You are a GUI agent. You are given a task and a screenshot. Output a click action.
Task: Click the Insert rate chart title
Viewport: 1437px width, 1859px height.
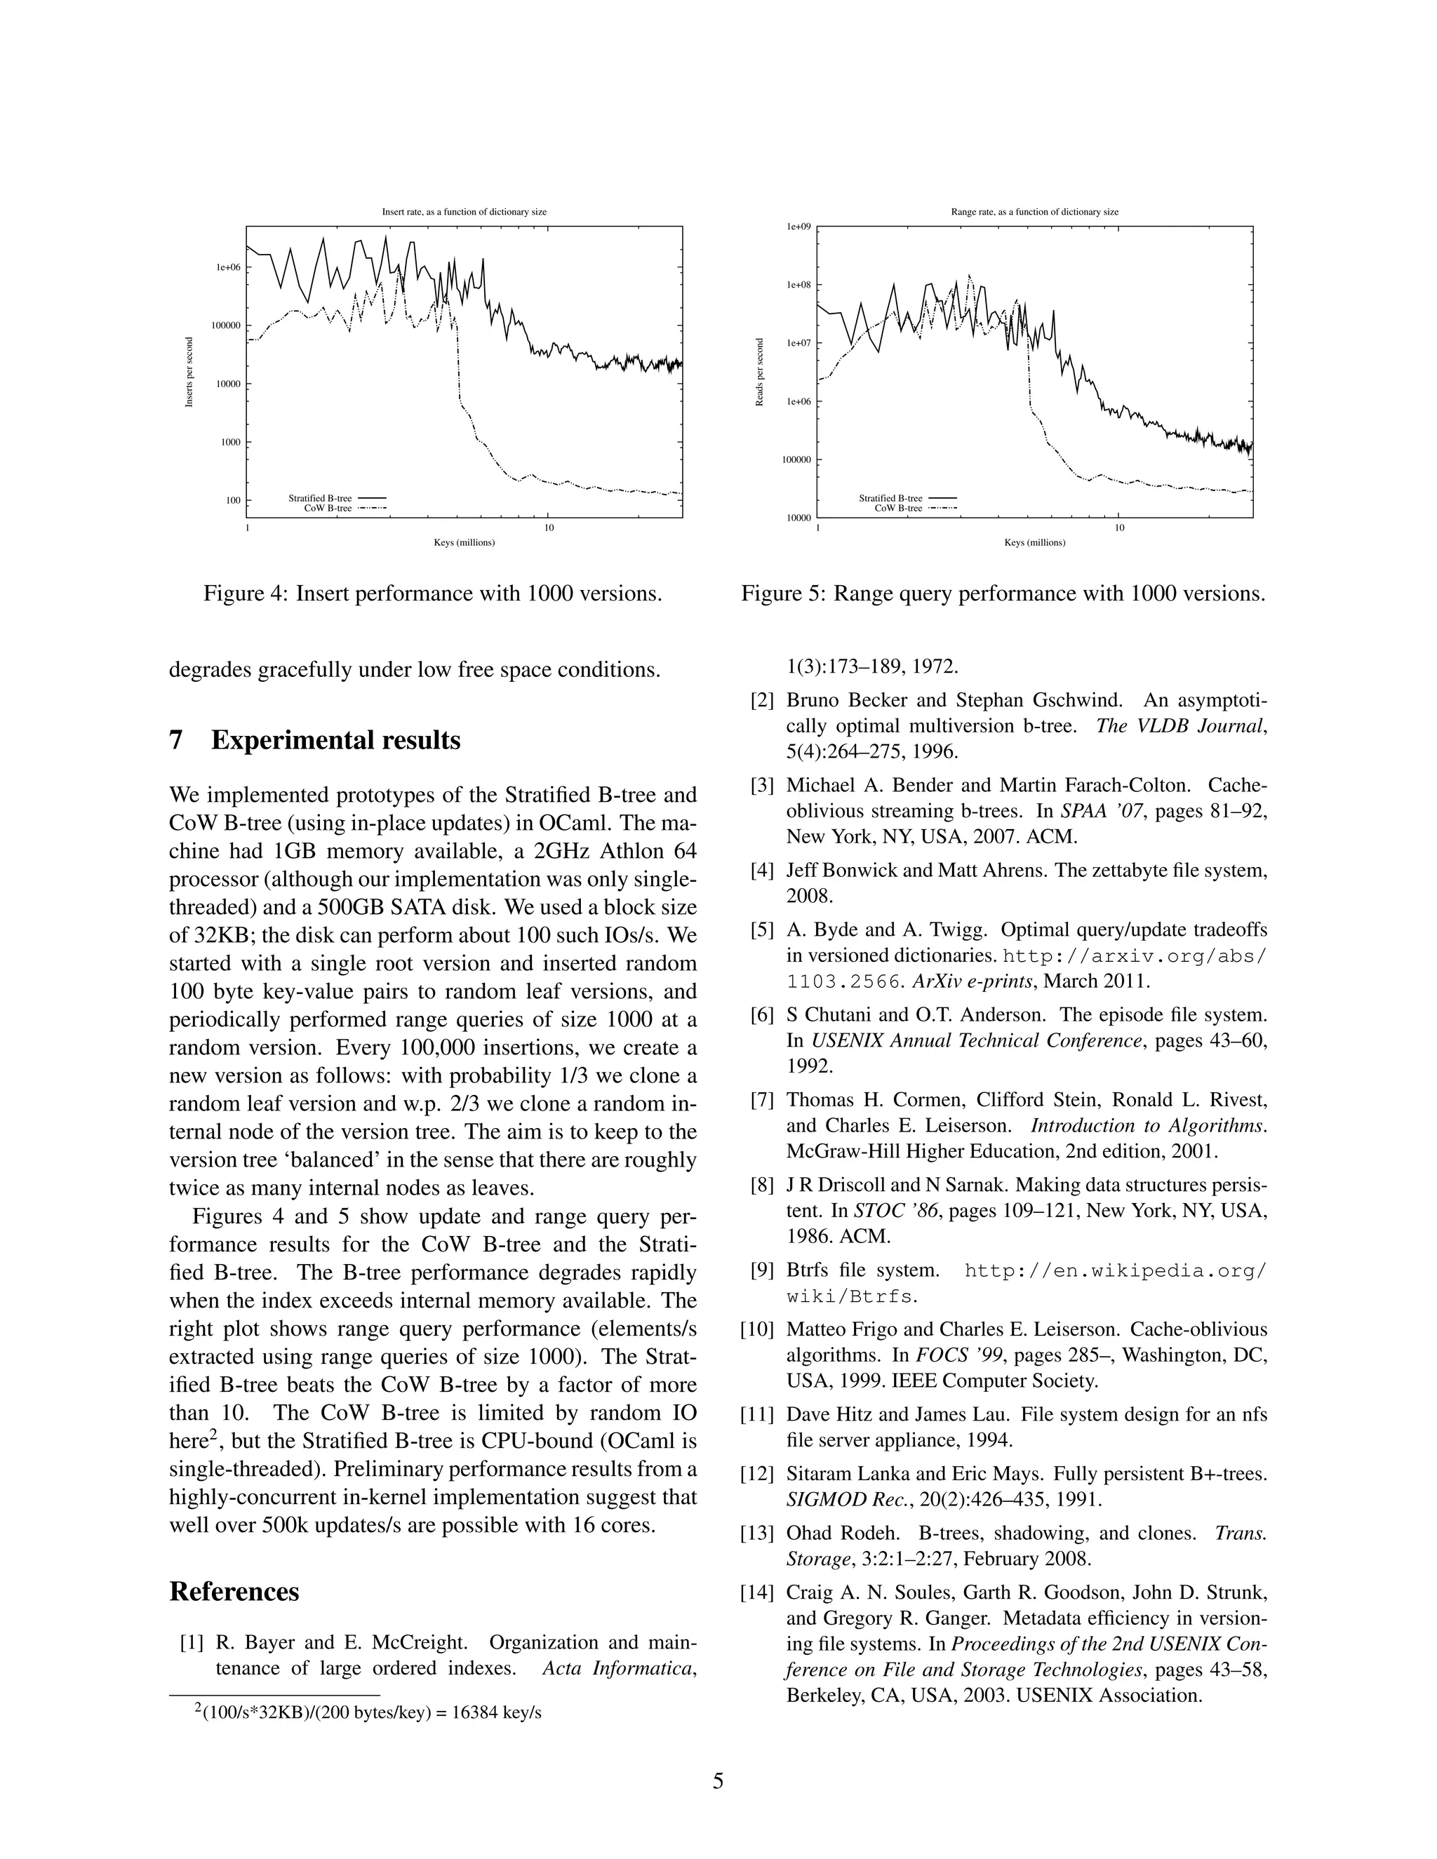click(464, 212)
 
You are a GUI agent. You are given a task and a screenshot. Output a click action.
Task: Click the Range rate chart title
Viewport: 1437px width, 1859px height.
click(1034, 212)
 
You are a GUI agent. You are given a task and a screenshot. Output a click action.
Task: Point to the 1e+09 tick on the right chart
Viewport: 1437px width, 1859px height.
click(798, 227)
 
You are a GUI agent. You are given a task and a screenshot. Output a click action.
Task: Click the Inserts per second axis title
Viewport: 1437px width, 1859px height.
click(189, 372)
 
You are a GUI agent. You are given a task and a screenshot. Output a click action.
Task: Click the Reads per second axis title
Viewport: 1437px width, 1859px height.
click(759, 372)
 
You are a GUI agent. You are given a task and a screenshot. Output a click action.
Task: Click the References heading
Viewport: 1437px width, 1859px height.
click(234, 1591)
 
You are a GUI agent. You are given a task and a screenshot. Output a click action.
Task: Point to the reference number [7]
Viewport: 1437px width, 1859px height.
click(762, 1100)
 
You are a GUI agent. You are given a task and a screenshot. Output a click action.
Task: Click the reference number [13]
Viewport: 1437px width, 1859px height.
click(758, 1533)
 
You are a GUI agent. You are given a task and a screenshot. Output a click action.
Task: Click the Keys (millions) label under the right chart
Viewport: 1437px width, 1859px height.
click(1034, 542)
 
